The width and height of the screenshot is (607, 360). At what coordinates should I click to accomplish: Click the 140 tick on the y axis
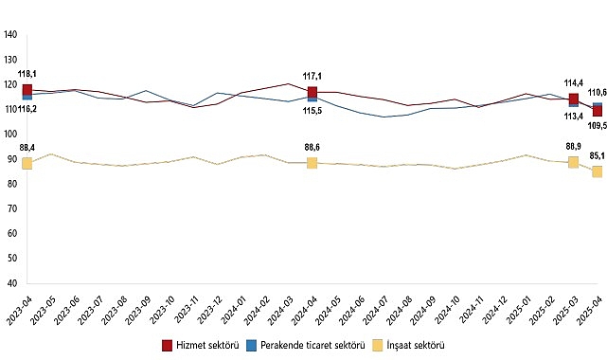tap(10, 35)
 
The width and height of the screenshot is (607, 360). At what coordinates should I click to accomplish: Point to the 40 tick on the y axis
tap(10, 283)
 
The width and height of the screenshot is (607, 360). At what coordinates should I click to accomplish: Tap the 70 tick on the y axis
tap(10, 208)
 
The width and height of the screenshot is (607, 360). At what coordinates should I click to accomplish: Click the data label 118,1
tap(27, 74)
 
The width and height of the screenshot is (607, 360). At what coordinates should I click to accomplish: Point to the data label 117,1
tap(312, 76)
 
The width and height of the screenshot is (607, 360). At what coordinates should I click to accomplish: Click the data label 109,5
tap(597, 125)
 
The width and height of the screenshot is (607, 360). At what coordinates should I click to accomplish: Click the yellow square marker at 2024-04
tap(312, 163)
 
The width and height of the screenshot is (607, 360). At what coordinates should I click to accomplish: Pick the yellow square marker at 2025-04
tap(598, 171)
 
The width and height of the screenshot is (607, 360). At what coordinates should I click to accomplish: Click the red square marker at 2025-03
tap(574, 99)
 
